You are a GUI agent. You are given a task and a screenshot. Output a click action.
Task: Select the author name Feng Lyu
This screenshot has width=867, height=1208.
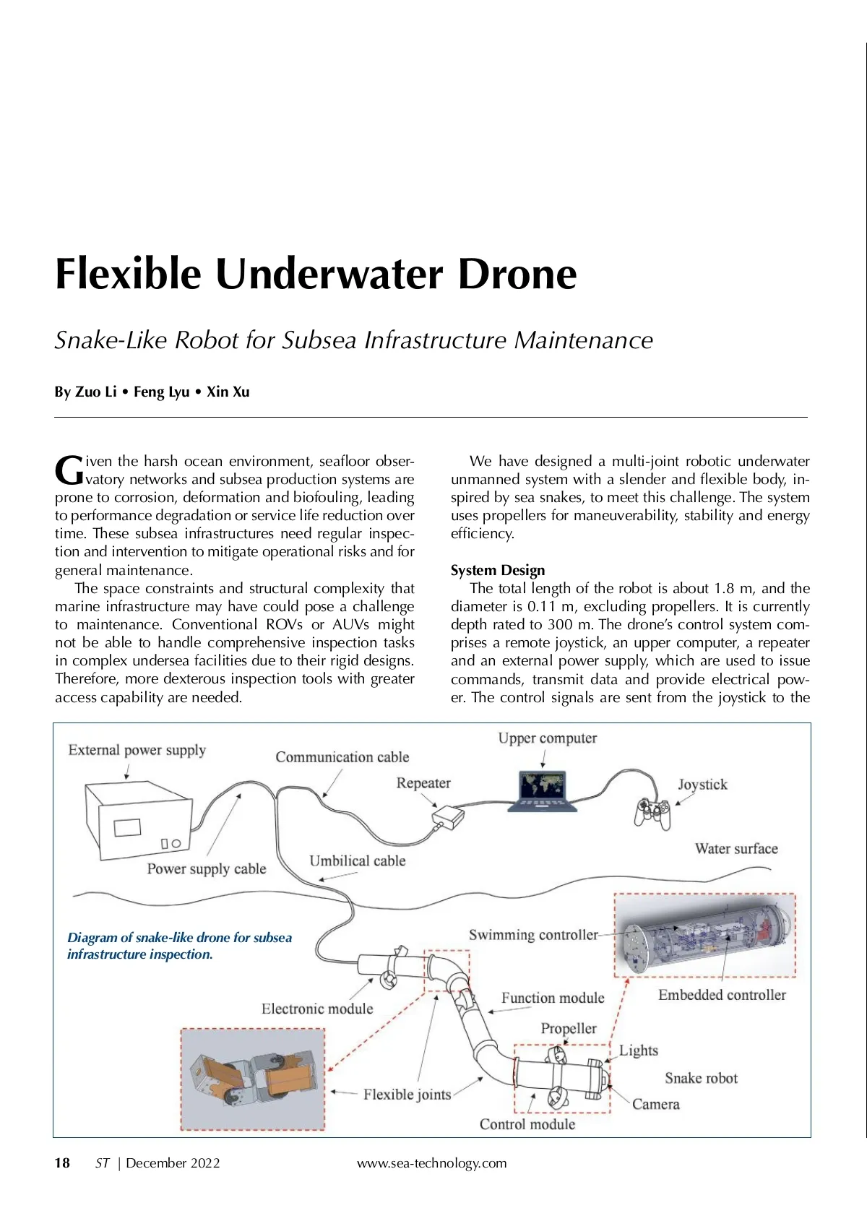pyautogui.click(x=161, y=392)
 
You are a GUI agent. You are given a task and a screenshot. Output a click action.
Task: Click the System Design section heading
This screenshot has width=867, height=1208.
pyautogui.click(x=498, y=570)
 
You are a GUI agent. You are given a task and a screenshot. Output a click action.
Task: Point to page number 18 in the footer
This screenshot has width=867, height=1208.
pyautogui.click(x=62, y=1162)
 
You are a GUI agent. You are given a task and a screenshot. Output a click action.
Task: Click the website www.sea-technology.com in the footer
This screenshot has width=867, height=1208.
pyautogui.click(x=431, y=1162)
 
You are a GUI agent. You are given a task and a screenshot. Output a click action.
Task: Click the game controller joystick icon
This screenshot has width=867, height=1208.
pyautogui.click(x=652, y=811)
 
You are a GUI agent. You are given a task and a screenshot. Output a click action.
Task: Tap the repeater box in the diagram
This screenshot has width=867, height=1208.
pyautogui.click(x=448, y=816)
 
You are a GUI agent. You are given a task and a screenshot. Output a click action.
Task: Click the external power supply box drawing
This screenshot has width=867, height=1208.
pyautogui.click(x=139, y=820)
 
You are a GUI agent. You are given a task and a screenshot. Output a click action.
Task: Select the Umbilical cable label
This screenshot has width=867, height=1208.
pyautogui.click(x=357, y=860)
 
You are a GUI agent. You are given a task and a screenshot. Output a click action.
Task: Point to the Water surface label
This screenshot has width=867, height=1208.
pyautogui.click(x=736, y=848)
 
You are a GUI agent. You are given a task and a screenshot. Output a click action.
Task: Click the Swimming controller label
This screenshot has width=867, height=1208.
pyautogui.click(x=533, y=934)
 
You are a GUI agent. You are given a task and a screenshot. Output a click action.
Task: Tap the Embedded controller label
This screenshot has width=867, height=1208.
pyautogui.click(x=722, y=995)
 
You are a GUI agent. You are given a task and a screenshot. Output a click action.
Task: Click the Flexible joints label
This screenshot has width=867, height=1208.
pyautogui.click(x=407, y=1094)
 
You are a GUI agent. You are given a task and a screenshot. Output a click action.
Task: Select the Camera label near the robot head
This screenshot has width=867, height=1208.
pyautogui.click(x=655, y=1104)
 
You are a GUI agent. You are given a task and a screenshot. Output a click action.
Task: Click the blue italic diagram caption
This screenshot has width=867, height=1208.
pyautogui.click(x=179, y=946)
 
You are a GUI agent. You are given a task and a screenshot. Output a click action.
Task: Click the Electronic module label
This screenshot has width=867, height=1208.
pyautogui.click(x=317, y=1009)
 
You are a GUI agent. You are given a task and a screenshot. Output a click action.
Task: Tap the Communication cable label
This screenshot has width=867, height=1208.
pyautogui.click(x=342, y=756)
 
